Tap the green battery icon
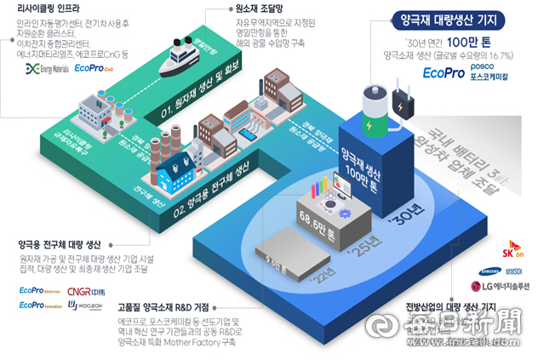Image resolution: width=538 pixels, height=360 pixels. tap(371, 109)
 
